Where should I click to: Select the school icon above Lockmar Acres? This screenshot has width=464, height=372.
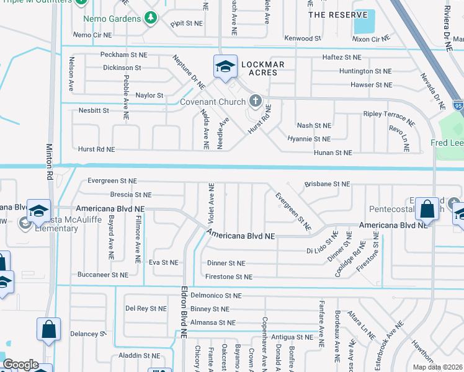(x=225, y=66)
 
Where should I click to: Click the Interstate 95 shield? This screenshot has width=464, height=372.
(x=458, y=106)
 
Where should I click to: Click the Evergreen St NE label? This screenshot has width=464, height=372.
(x=112, y=181)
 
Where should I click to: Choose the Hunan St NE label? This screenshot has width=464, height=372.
(x=333, y=153)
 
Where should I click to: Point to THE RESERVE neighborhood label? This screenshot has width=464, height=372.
(x=333, y=14)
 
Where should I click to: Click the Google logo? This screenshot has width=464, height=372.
(x=20, y=365)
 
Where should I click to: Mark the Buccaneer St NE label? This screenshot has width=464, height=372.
(x=103, y=274)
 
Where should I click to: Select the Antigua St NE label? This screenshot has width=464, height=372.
(x=292, y=337)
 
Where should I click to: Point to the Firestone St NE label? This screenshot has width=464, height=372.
(x=230, y=277)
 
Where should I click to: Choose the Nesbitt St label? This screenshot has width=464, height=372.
(x=94, y=110)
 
